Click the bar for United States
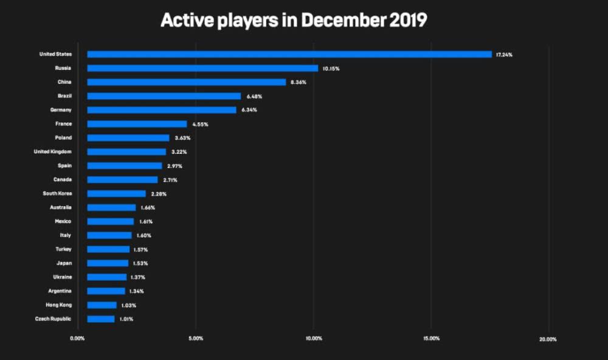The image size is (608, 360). pyautogui.click(x=289, y=54)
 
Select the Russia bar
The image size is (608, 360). pyautogui.click(x=202, y=68)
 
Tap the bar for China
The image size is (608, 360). pyautogui.click(x=186, y=82)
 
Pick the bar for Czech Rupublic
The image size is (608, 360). pyautogui.click(x=101, y=319)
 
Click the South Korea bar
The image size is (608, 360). pyautogui.click(x=116, y=193)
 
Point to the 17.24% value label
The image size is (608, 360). pyautogui.click(x=504, y=55)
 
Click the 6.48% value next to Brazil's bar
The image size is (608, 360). pyautogui.click(x=254, y=96)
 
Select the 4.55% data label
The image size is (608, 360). pyautogui.click(x=199, y=124)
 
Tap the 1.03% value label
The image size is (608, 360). pyautogui.click(x=128, y=305)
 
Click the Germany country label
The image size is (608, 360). pyautogui.click(x=61, y=110)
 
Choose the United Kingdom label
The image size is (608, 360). pyautogui.click(x=53, y=151)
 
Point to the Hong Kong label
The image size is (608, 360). pyautogui.click(x=58, y=305)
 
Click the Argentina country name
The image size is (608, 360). pyautogui.click(x=59, y=291)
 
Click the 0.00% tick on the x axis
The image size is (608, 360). pyautogui.click(x=78, y=339)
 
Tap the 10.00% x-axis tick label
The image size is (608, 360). pyautogui.click(x=314, y=339)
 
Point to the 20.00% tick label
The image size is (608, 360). pyautogui.click(x=548, y=339)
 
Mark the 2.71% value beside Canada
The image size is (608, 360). pyautogui.click(x=170, y=180)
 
